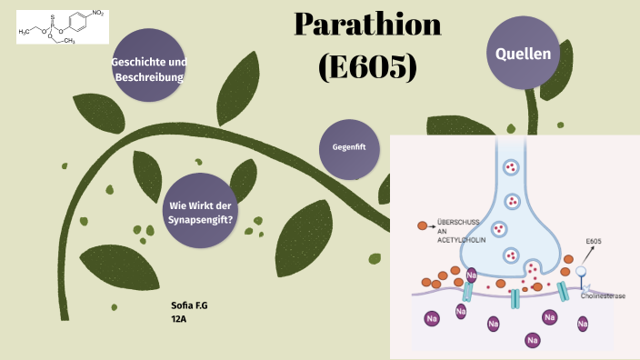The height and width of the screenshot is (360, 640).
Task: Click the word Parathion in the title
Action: coord(368,25)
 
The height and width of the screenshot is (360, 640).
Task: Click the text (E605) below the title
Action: coord(368,65)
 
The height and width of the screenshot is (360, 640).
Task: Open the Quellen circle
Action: coord(523,54)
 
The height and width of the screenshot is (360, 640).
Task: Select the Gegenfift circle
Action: coord(349,148)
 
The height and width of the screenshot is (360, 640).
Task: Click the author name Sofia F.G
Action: coord(189,306)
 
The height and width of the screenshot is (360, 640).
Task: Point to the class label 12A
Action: coord(179,319)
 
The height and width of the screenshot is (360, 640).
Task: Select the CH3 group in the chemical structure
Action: coord(68,40)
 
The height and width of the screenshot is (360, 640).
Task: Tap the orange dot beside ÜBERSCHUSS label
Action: coord(422,225)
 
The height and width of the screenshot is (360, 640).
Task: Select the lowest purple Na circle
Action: coord(530,340)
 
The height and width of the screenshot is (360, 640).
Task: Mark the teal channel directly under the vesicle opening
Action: coord(515,298)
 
